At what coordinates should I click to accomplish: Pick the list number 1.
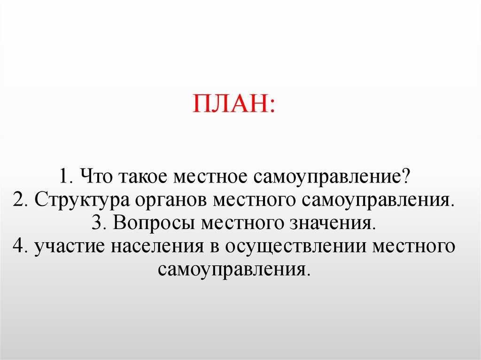(x=65, y=177)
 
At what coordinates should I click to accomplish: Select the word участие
(x=71, y=246)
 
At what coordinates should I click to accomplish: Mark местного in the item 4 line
(x=413, y=246)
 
